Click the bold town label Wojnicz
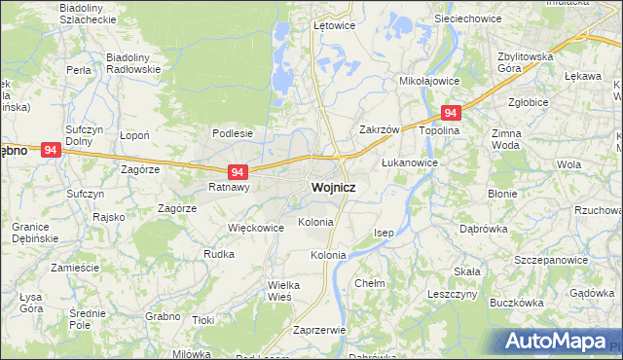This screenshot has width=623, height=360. coord(332,187)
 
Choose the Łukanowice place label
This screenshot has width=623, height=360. coord(410,162)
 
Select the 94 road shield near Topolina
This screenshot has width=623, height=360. coord(450,113)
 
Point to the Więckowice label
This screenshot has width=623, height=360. coord(255,228)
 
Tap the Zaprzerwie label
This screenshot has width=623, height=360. coord(319,330)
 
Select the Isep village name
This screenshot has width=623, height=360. coord(385,233)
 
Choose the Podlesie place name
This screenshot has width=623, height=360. coord(233,133)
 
